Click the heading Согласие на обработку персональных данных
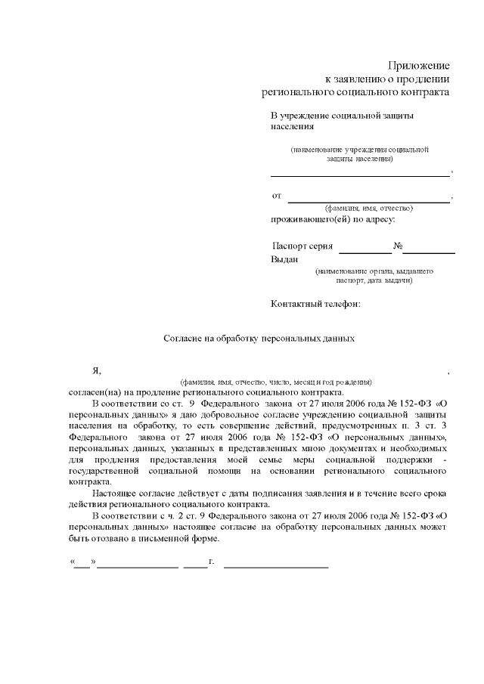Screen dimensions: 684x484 pyautogui.click(x=259, y=339)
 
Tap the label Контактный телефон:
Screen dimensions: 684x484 pyautogui.click(x=315, y=304)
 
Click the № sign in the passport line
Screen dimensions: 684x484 pyautogui.click(x=397, y=246)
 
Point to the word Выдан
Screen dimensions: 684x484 pyautogui.click(x=285, y=259)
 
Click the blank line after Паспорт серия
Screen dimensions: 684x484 pyautogui.click(x=365, y=250)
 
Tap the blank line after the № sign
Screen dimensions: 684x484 pyautogui.click(x=428, y=250)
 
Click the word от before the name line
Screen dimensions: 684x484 pyautogui.click(x=277, y=196)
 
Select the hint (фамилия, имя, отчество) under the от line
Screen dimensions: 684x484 pyautogui.click(x=368, y=207)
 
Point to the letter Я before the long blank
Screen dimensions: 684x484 pyautogui.click(x=96, y=370)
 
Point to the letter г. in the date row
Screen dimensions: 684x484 pyautogui.click(x=213, y=562)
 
